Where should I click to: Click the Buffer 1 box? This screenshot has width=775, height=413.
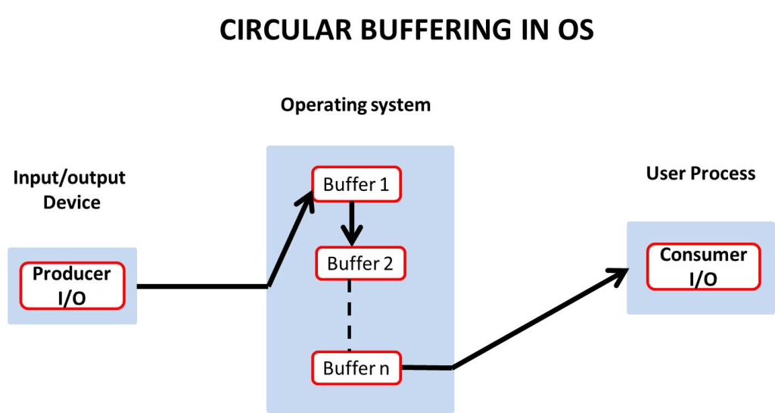click(356, 184)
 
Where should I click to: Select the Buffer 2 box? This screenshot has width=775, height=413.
click(360, 264)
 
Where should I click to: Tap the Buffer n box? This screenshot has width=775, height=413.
click(356, 368)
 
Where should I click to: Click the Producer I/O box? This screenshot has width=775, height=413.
click(72, 286)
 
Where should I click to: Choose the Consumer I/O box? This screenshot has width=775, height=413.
click(703, 267)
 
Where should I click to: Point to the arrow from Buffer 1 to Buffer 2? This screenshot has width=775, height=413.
click(350, 221)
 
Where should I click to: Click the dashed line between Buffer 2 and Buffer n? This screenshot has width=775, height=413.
click(349, 314)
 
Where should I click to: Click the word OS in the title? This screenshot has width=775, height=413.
click(577, 30)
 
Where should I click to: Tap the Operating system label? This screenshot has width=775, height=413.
click(356, 105)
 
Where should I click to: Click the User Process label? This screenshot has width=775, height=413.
click(701, 174)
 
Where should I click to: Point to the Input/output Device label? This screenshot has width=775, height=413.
click(70, 190)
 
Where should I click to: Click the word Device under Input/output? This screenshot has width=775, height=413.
click(72, 202)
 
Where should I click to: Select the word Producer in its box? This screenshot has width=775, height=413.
click(72, 274)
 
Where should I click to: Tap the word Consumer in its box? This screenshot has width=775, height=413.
click(703, 255)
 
